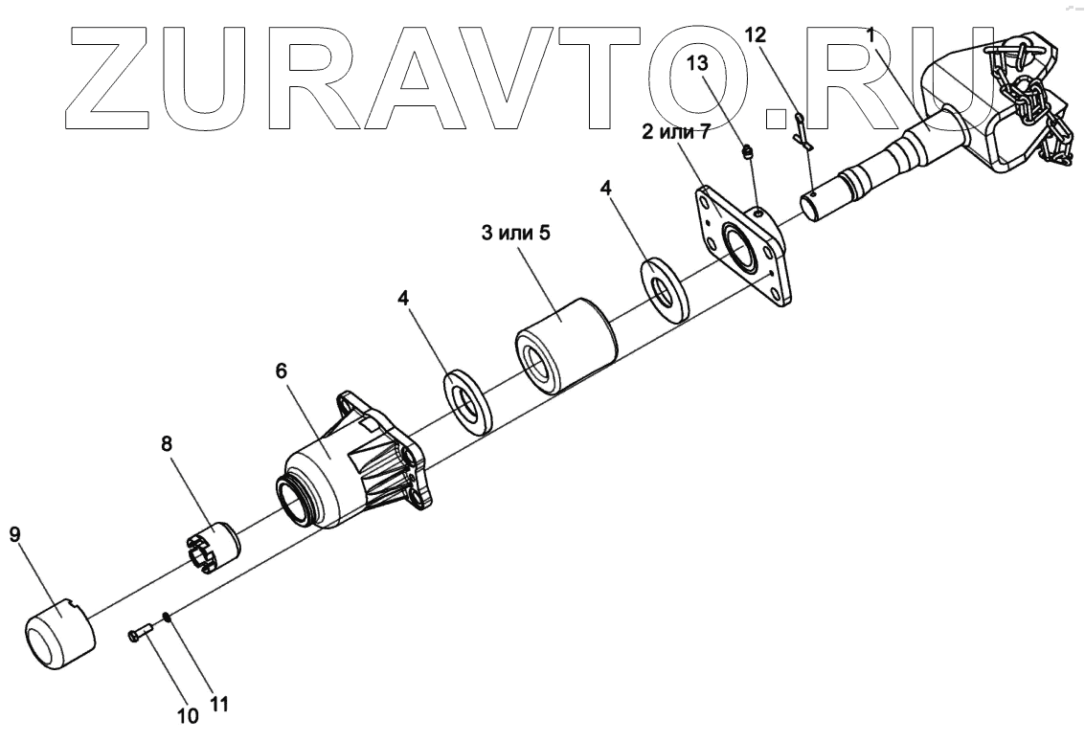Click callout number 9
coord(14,534)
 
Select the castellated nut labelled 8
coord(214,549)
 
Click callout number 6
coord(281,371)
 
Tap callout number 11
coord(219,706)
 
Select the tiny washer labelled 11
coord(168,618)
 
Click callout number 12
coord(755,35)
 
